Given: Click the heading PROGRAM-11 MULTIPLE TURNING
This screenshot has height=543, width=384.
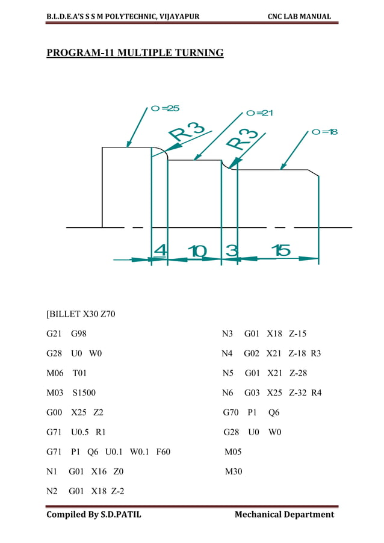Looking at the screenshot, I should coord(135,54).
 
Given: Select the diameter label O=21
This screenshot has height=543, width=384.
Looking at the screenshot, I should coord(260,113).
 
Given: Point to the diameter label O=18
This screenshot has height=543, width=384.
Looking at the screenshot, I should coord(324,132).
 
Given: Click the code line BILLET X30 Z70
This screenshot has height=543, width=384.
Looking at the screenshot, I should coord(81,314).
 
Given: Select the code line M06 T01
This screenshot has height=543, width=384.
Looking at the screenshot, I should coord(67,373).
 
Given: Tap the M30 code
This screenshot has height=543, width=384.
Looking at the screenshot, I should coord(234,471).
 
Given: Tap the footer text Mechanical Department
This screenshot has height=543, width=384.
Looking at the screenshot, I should coord(284,514).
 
